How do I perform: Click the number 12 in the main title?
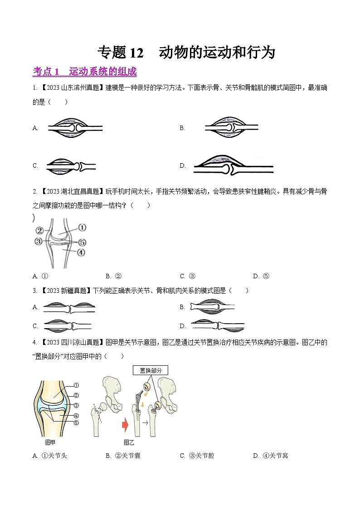136,53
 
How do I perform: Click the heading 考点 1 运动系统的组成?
85,72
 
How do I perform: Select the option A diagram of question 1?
75,128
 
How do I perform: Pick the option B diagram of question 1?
231,128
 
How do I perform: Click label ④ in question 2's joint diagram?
81,252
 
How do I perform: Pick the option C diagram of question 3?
68,325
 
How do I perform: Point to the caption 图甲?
50,442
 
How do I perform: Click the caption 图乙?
129,442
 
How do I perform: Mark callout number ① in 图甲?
76,386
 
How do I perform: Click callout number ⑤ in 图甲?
76,423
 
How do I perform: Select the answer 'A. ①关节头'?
50,456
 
